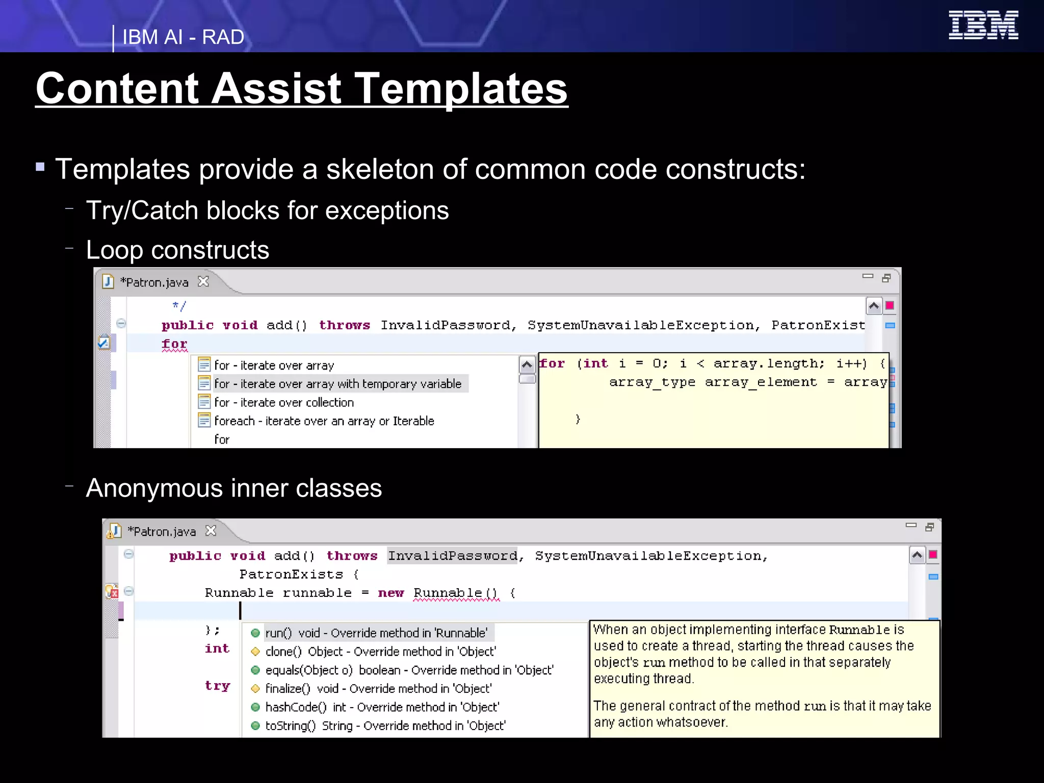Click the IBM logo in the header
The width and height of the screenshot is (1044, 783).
point(983,25)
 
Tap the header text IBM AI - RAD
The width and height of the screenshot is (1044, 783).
point(183,37)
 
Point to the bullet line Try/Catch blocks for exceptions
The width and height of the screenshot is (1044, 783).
point(267,211)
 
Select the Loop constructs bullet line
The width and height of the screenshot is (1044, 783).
point(177,250)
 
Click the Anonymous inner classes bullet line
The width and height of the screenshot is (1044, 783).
point(233,488)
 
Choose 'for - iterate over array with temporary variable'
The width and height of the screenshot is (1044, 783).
point(337,384)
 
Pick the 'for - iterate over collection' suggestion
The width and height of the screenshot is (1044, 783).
point(283,403)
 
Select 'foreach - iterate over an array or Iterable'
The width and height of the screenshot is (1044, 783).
point(324,421)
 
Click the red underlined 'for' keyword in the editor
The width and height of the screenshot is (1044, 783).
point(174,344)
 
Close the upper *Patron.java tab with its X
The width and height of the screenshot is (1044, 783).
point(203,281)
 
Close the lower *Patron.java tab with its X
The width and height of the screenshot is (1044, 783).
point(211,531)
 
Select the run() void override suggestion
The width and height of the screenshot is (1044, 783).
point(376,633)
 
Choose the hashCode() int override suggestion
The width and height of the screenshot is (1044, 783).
point(382,707)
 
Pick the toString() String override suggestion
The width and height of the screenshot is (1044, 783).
point(385,726)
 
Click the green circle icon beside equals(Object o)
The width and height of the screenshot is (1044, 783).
point(255,670)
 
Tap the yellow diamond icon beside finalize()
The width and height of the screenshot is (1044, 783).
point(255,689)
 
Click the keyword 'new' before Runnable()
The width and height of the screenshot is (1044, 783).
point(390,593)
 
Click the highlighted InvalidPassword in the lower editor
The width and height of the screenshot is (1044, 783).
point(453,556)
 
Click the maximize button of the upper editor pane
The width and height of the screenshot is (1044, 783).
point(886,278)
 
